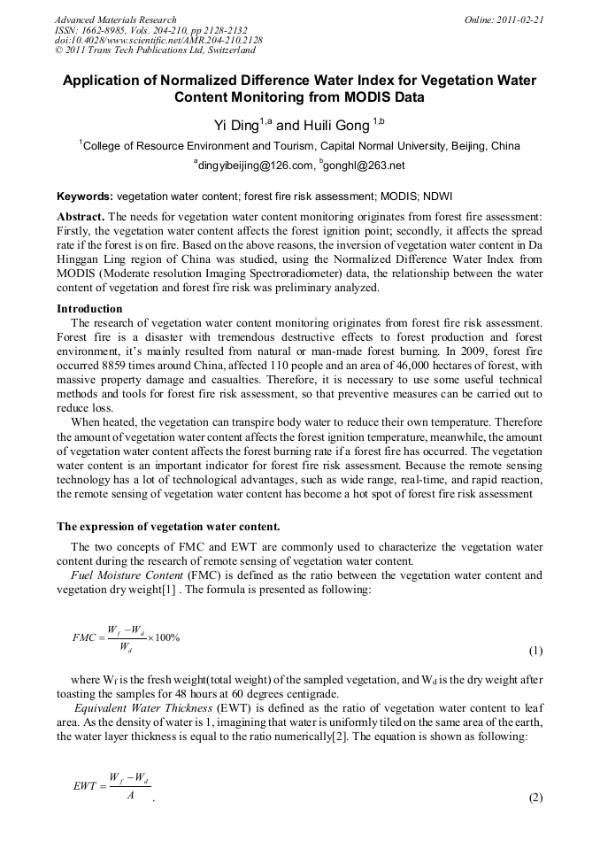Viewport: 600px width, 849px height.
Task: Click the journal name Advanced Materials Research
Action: (x=115, y=19)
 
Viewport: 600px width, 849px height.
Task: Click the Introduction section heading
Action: (x=89, y=309)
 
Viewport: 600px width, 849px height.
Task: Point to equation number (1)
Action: (x=535, y=652)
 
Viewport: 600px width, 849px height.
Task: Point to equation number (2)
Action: (x=535, y=797)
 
